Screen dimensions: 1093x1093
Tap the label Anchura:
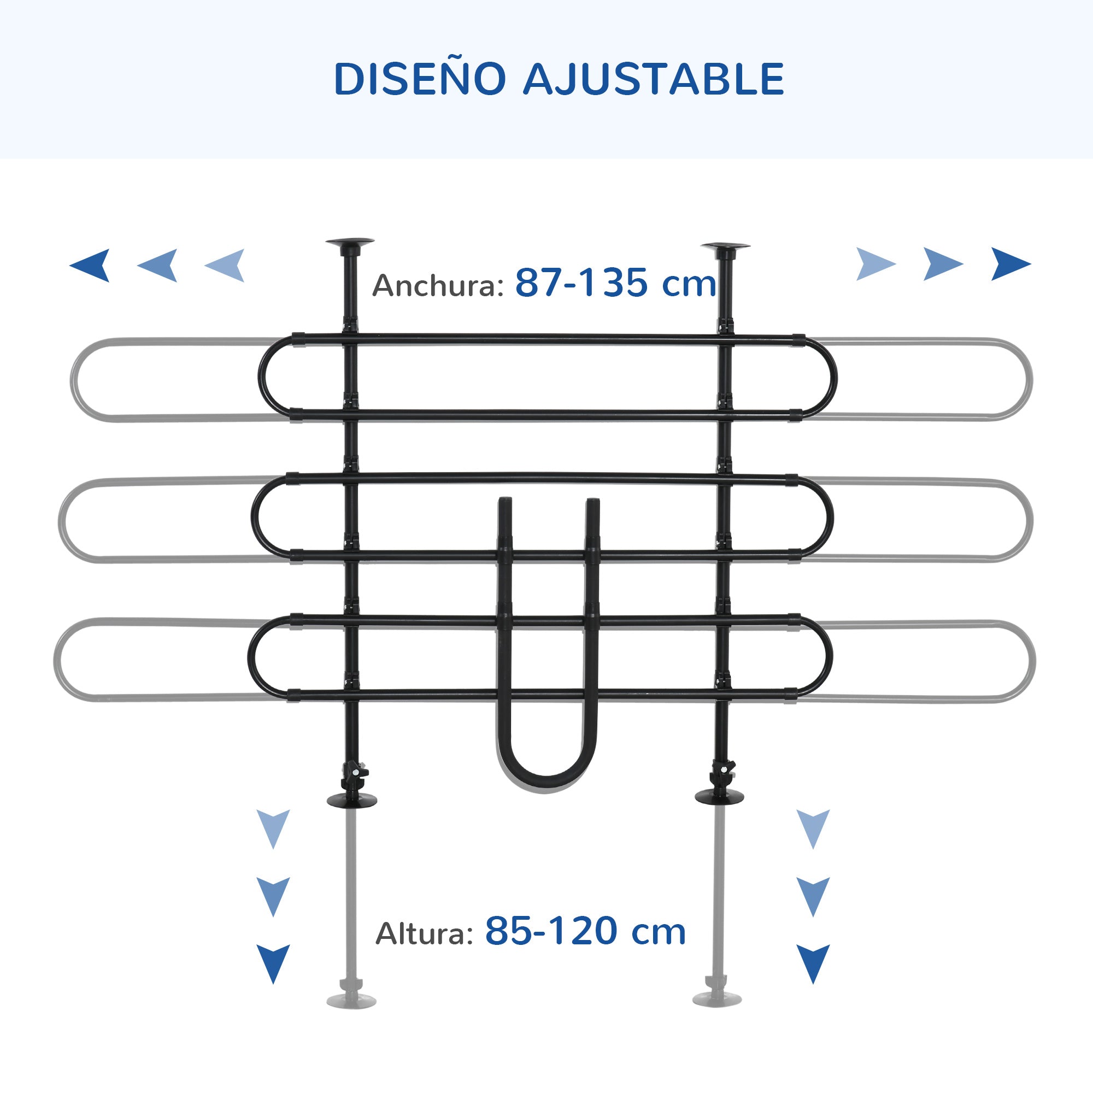(438, 286)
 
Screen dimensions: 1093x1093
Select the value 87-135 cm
(615, 283)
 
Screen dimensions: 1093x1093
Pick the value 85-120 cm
(585, 931)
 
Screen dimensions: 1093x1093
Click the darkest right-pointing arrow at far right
(1010, 264)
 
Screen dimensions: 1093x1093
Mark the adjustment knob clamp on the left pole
(354, 773)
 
